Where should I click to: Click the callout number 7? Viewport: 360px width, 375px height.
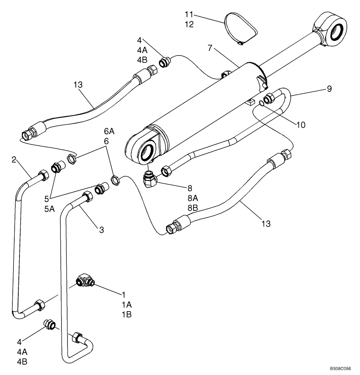[x=210, y=48]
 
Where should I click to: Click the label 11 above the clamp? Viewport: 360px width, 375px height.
[x=189, y=15]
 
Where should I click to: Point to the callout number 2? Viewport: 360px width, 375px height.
[x=14, y=160]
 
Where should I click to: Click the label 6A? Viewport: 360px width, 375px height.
[x=109, y=132]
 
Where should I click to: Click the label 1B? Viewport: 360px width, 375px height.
[x=126, y=315]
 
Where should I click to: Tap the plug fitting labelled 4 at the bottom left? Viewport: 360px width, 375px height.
[x=50, y=324]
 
